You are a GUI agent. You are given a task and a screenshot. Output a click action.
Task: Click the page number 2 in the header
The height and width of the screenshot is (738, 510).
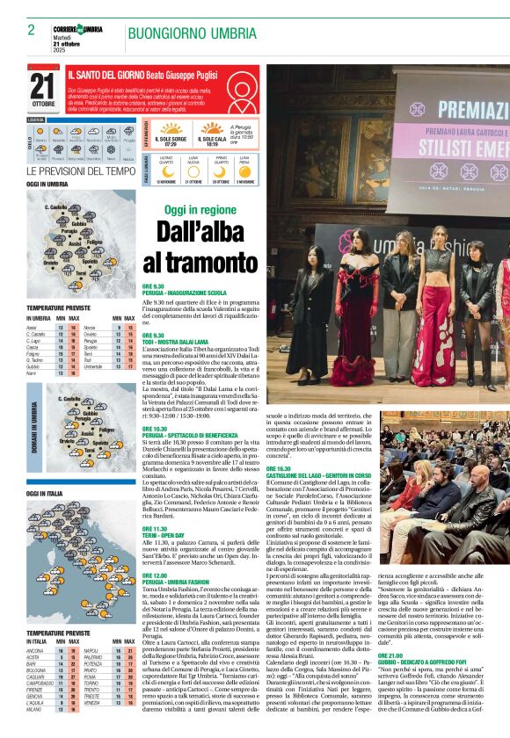click(31, 30)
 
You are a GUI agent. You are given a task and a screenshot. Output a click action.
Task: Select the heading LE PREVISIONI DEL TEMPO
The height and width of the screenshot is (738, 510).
click(81, 171)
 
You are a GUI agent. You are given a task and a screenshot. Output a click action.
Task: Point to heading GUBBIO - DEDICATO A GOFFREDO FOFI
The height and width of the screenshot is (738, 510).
click(433, 661)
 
